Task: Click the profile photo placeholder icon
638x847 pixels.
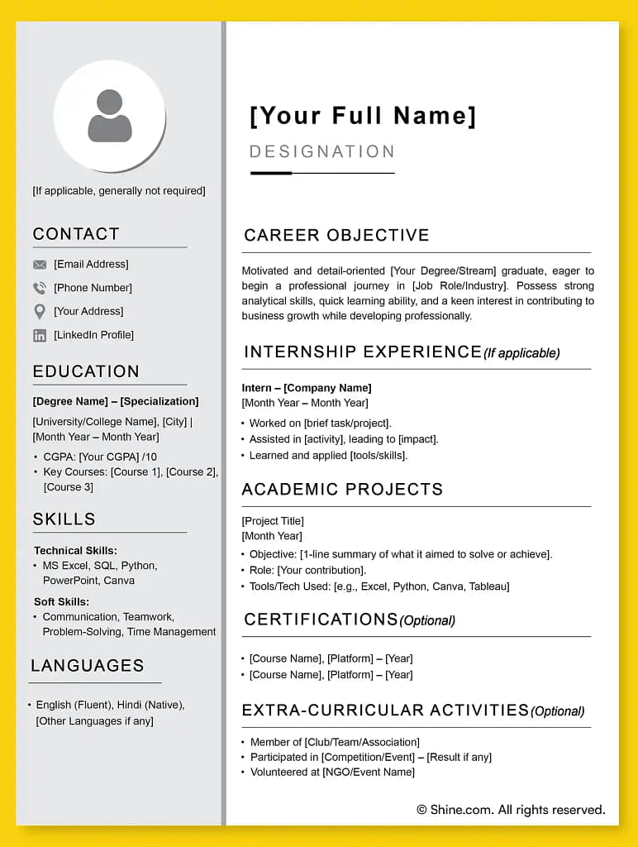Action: click(110, 117)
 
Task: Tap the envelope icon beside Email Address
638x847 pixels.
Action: click(40, 265)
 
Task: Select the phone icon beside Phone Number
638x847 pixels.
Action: click(40, 288)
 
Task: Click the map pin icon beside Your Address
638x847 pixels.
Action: click(40, 312)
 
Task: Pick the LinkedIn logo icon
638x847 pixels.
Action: click(40, 335)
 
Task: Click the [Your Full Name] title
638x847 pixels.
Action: click(363, 116)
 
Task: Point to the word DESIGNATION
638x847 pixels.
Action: click(322, 151)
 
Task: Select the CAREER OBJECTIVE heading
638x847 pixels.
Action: click(336, 235)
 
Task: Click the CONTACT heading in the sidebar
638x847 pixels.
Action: click(76, 234)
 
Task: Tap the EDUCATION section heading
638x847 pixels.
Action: click(86, 371)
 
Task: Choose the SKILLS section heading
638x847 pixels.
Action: click(64, 519)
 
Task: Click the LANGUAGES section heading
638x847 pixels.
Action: click(88, 666)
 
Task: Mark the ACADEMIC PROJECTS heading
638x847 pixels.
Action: click(342, 489)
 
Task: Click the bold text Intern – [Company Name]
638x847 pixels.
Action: click(307, 388)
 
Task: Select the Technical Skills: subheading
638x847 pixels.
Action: click(75, 550)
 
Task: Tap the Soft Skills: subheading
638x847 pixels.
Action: click(61, 601)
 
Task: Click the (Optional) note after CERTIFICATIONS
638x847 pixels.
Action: click(427, 620)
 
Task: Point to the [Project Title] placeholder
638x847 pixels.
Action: click(273, 521)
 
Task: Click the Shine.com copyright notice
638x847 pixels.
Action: click(511, 810)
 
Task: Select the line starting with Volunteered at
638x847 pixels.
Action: click(332, 773)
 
